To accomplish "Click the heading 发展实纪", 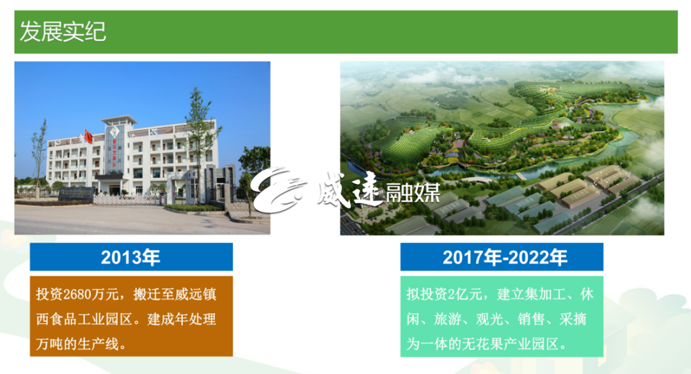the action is click(x=63, y=32).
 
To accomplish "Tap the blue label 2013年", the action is click(x=131, y=257).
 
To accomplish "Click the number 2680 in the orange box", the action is click(x=77, y=294).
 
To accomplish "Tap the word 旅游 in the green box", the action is click(x=447, y=318).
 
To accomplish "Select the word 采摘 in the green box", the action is click(x=573, y=318).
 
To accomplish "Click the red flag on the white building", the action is click(x=88, y=137).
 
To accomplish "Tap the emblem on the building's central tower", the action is click(x=115, y=132).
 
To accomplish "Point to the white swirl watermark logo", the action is click(x=278, y=191).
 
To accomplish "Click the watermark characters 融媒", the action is click(x=413, y=192).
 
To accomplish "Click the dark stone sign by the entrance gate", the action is click(x=75, y=194).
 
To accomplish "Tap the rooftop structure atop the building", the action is click(x=119, y=120).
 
